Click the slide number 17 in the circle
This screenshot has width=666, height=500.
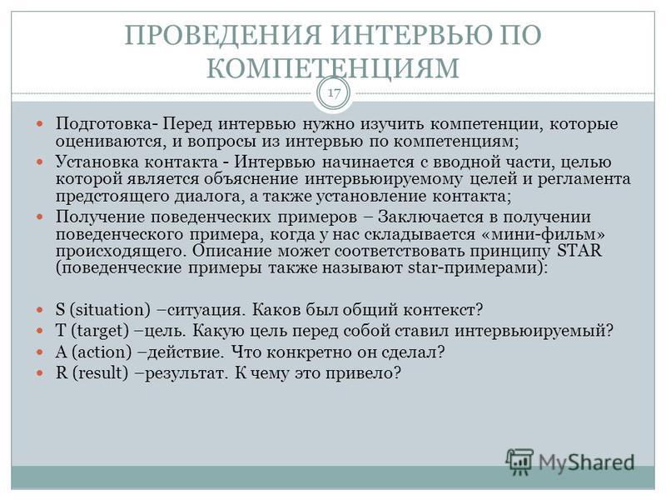(334, 92)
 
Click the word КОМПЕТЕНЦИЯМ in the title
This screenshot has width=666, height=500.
(332, 67)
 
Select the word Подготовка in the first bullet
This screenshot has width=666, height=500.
(103, 123)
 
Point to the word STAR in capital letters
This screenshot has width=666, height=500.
(579, 251)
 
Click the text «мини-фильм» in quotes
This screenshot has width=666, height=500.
(548, 233)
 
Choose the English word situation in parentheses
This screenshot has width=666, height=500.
(110, 309)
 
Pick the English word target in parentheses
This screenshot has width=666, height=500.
(100, 331)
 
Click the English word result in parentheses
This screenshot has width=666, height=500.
(101, 372)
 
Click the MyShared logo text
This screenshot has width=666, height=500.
(586, 462)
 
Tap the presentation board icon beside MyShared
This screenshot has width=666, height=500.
(519, 462)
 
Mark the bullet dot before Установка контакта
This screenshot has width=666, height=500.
(40, 162)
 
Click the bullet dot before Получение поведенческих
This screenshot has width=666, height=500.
(40, 217)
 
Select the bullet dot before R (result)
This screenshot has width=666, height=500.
(40, 373)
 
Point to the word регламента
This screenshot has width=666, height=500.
(584, 179)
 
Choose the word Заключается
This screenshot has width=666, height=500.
(430, 217)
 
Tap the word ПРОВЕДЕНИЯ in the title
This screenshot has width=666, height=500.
(223, 34)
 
